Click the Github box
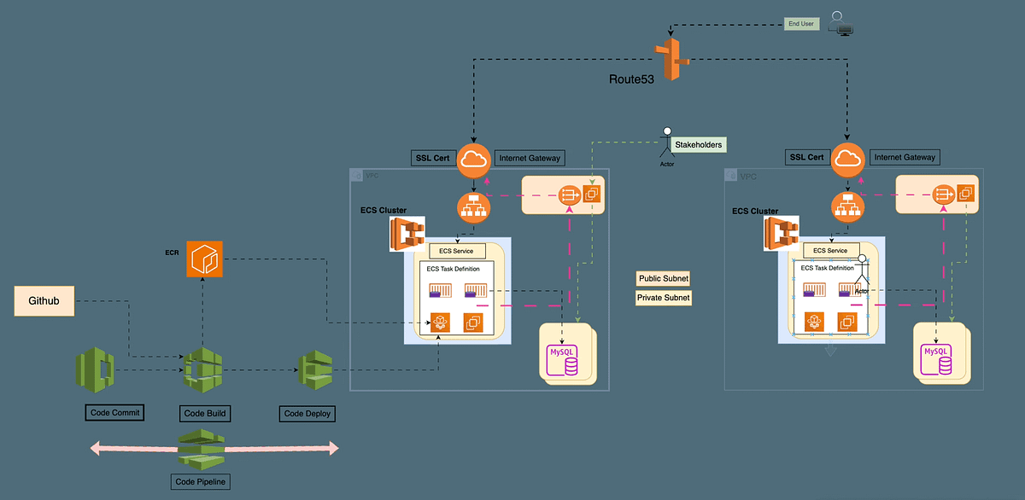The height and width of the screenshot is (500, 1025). (44, 301)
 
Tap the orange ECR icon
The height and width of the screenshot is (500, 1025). (204, 259)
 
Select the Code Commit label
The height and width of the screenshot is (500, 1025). (114, 413)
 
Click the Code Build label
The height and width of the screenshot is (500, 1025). (206, 414)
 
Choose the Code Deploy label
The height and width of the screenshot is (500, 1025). (307, 414)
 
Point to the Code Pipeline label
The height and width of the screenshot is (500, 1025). (202, 481)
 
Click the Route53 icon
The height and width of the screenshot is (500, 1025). (671, 60)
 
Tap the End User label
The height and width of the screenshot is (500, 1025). (801, 25)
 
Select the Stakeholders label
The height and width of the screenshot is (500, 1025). (697, 145)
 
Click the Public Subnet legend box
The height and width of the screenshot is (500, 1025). (664, 279)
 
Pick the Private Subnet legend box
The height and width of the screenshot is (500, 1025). (664, 298)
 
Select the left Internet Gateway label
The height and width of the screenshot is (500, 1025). (530, 157)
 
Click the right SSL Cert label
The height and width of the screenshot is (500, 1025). (806, 157)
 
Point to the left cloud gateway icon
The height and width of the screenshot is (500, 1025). (474, 160)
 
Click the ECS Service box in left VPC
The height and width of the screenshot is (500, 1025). (458, 251)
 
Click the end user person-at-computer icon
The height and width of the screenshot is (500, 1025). (844, 23)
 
